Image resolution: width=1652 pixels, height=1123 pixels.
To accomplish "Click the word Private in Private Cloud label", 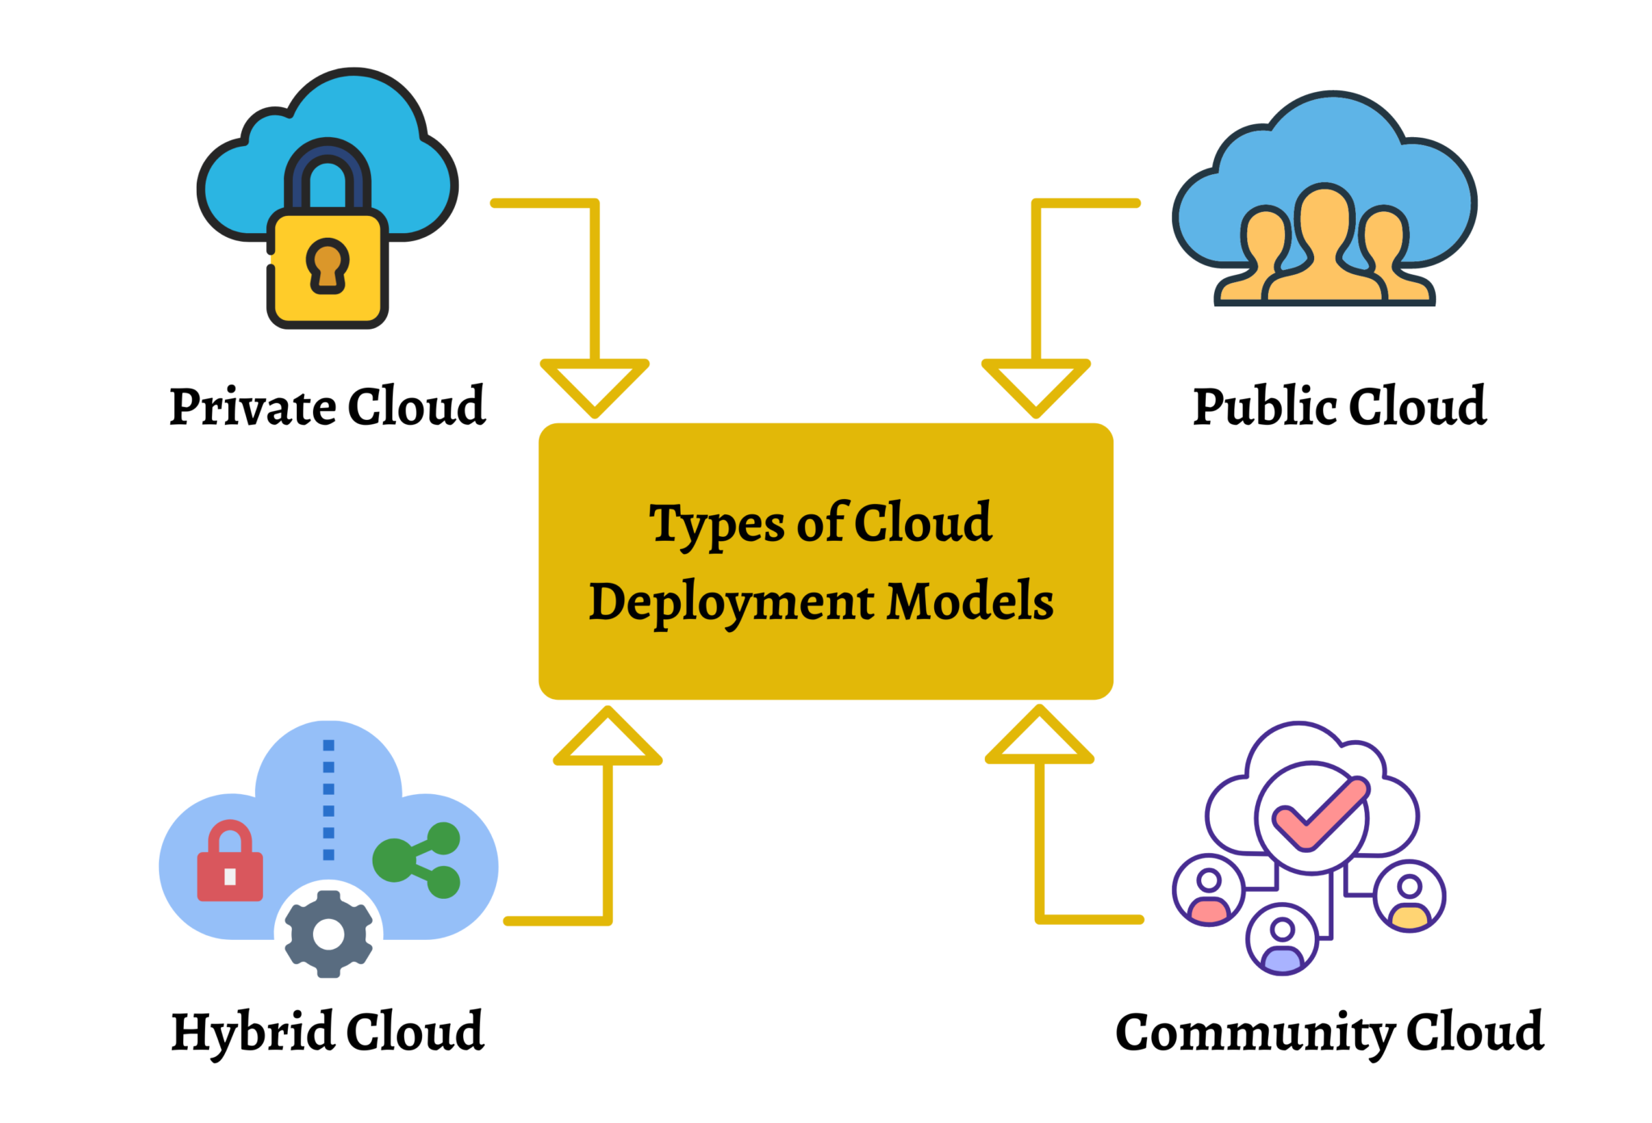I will coord(252,406).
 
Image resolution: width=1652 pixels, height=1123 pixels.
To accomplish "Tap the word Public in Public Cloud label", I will coord(1264,406).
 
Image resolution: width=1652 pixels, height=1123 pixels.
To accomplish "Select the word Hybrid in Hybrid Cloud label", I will coord(252,1032).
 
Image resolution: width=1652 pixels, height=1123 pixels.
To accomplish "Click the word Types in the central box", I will coord(717,525).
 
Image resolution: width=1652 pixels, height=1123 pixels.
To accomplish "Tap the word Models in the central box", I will coord(970,601).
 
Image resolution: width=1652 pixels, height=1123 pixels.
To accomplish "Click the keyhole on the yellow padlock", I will coord(327,266).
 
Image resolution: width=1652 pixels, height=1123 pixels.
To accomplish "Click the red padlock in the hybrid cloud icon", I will coord(230,864).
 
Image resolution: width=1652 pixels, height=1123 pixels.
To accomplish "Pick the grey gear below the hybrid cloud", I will coord(328,934).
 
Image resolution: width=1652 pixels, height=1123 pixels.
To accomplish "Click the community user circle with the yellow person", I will coord(1409,896).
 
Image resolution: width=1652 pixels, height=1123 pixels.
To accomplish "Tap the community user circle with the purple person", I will coord(1282,939).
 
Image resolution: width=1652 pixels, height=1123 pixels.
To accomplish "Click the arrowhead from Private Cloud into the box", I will coord(594,386).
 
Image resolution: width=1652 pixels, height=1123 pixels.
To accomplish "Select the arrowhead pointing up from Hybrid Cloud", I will coord(607,738).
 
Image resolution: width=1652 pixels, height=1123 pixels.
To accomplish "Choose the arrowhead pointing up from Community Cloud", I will coord(1039,737).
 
